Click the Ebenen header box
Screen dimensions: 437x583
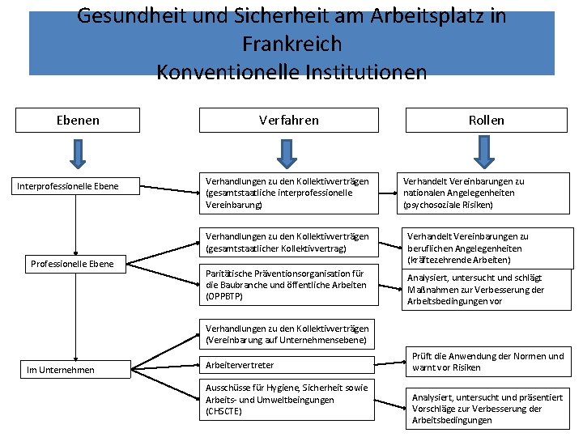(x=78, y=120)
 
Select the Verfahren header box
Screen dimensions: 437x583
(x=288, y=120)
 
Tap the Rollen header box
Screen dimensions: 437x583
(x=486, y=120)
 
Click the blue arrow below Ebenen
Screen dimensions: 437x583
(x=78, y=151)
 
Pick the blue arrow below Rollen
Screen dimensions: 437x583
(x=484, y=151)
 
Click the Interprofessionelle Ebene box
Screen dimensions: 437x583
(x=79, y=186)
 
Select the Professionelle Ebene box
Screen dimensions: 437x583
(x=72, y=264)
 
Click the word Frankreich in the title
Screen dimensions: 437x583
(x=291, y=44)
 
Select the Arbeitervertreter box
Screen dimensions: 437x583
(x=288, y=365)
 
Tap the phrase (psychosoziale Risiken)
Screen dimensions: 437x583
(x=448, y=205)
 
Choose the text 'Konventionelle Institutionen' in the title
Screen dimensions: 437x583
(x=291, y=72)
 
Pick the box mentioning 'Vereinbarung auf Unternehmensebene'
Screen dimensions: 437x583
(x=288, y=334)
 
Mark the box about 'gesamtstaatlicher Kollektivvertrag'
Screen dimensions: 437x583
(x=288, y=242)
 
